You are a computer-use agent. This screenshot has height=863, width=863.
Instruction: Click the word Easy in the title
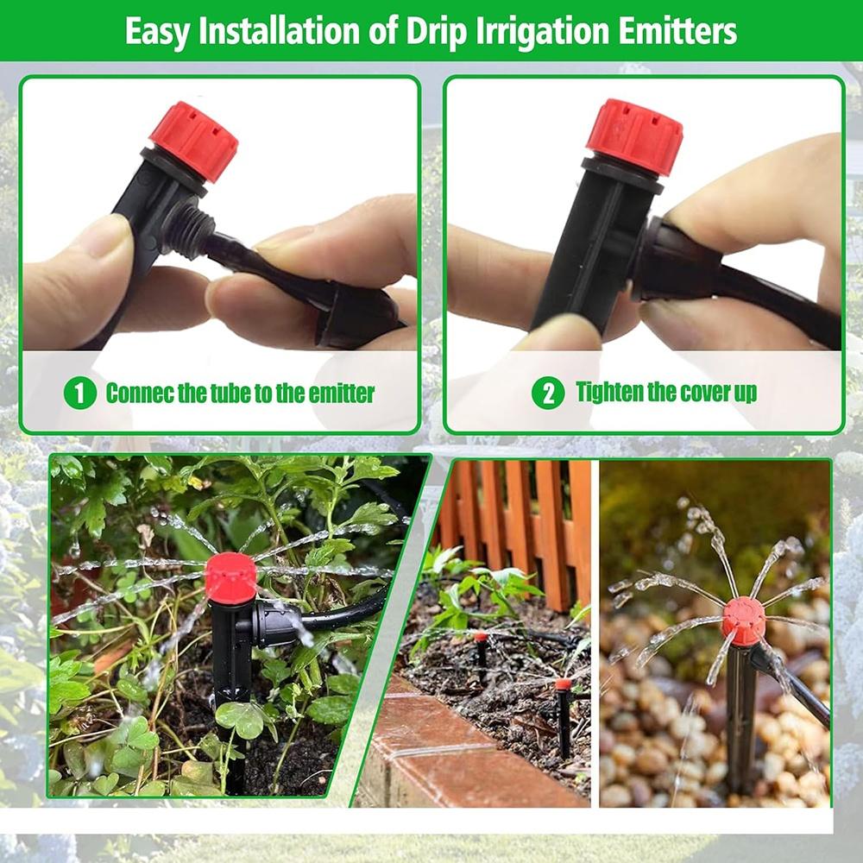tap(157, 32)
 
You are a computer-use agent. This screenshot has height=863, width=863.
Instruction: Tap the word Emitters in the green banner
tap(677, 31)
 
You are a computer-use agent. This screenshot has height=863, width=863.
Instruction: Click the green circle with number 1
tap(79, 393)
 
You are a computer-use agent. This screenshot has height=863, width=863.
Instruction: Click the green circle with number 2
tap(548, 393)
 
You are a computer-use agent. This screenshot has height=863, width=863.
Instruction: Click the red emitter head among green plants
tap(230, 577)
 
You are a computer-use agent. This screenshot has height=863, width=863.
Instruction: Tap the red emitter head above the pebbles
tap(744, 621)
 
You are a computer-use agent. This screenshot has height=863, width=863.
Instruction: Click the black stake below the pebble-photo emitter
tap(741, 721)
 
